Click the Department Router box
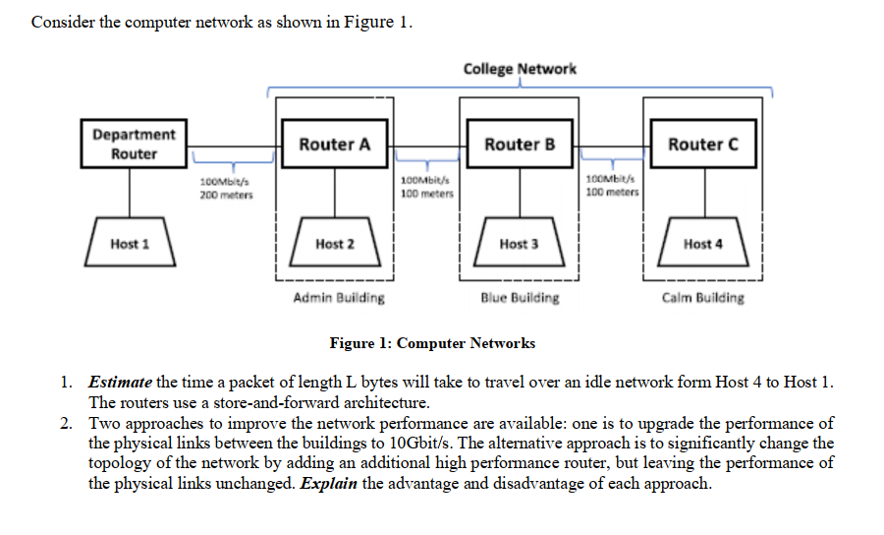pos(134,145)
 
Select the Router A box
pos(334,145)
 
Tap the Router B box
pos(520,145)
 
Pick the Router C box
pos(702,145)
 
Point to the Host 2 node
pos(335,244)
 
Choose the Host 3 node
pos(519,244)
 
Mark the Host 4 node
pos(702,244)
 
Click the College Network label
pos(520,69)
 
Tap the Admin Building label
pos(338,297)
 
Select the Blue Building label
pos(520,297)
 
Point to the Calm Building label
pos(702,297)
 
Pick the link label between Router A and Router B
pos(426,187)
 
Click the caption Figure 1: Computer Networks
pos(432,343)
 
